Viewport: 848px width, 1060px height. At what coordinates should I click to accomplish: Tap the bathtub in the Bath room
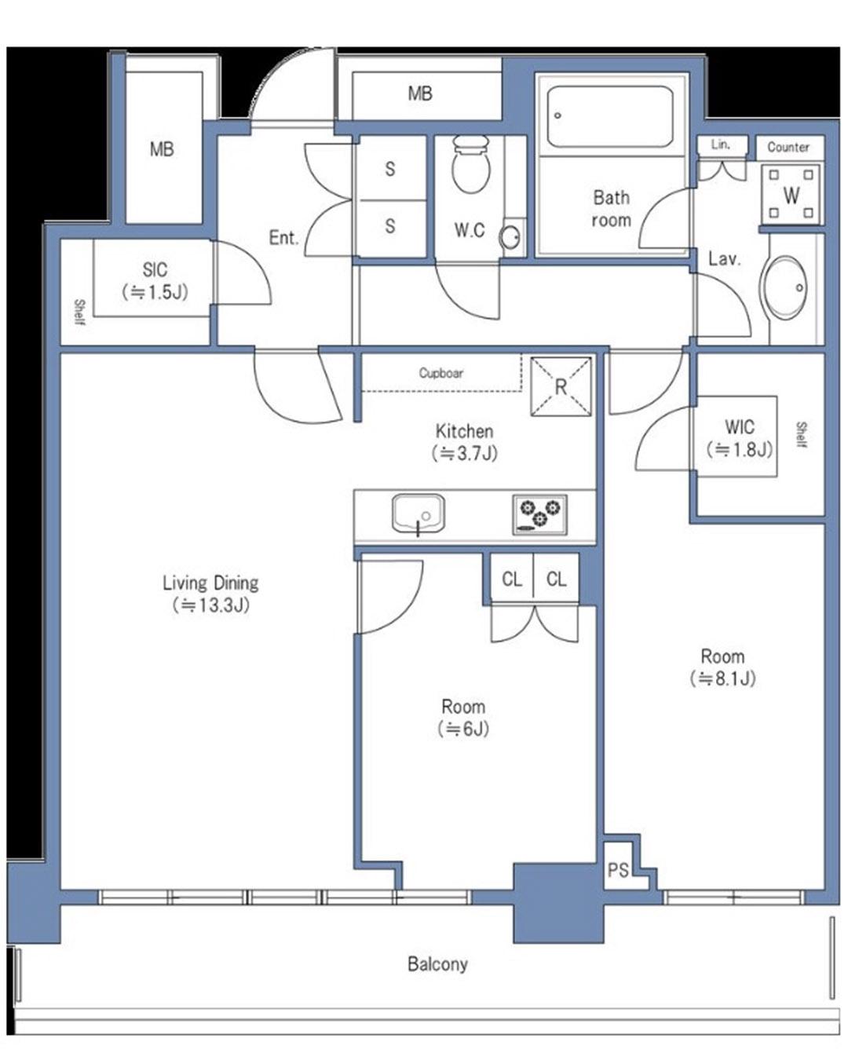pos(610,117)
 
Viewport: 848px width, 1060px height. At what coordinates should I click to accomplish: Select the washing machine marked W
pos(791,194)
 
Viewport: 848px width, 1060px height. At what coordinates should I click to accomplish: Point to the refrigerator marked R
pos(561,386)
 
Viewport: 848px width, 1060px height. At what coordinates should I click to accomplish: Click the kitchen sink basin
pos(418,514)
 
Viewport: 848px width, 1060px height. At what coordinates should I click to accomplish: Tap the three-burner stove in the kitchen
pos(539,514)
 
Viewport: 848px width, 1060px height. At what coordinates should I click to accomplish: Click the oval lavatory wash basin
pos(785,287)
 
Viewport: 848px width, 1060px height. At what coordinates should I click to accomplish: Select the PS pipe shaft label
pos(618,870)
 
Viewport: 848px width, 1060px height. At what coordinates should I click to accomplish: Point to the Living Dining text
pos(210,583)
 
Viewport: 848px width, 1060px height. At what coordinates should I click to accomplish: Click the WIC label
pos(739,426)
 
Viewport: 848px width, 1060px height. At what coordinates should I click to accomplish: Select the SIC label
pos(155,269)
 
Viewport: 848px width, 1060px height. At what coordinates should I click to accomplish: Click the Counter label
pos(788,147)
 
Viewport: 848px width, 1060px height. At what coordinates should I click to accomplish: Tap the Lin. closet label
pos(720,144)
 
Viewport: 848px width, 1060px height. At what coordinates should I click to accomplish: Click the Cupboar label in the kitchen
pos(441,373)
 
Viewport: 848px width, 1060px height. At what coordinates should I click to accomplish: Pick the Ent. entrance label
pos(283,238)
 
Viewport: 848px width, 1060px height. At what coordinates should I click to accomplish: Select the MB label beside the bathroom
pos(420,93)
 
